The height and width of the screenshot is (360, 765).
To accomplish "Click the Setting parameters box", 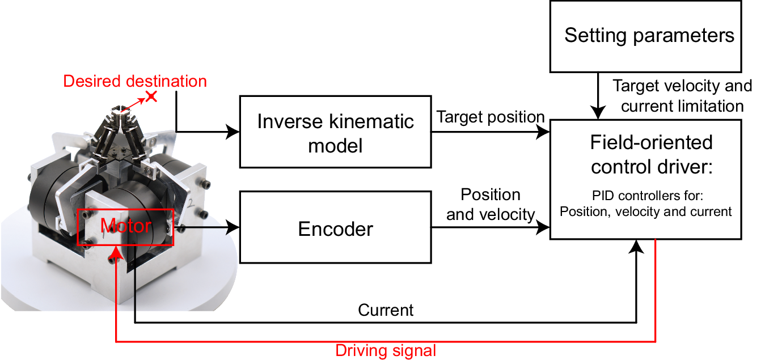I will [646, 36].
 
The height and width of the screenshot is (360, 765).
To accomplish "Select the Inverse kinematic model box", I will [335, 132].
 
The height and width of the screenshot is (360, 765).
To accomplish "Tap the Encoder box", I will [335, 228].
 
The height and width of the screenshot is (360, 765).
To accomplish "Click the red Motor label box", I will [125, 227].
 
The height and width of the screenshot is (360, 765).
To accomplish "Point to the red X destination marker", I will [151, 96].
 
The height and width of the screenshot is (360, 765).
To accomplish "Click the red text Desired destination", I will [135, 81].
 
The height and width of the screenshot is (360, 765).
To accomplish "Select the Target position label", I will [490, 117].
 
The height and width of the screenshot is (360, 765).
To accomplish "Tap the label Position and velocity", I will [491, 205].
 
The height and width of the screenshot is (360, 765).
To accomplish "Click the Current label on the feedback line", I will [386, 310].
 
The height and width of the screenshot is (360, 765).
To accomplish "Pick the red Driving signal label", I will [386, 350].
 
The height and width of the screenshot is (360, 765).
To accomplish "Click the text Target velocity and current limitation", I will [682, 96].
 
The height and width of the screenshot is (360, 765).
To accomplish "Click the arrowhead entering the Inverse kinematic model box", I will [234, 132].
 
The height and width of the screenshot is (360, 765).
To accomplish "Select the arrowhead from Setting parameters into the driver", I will [599, 114].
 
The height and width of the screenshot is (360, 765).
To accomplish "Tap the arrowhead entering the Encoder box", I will [234, 228].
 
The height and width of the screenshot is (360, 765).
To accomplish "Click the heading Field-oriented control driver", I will [651, 155].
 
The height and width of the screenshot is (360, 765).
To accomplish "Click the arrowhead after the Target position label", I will [544, 132].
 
